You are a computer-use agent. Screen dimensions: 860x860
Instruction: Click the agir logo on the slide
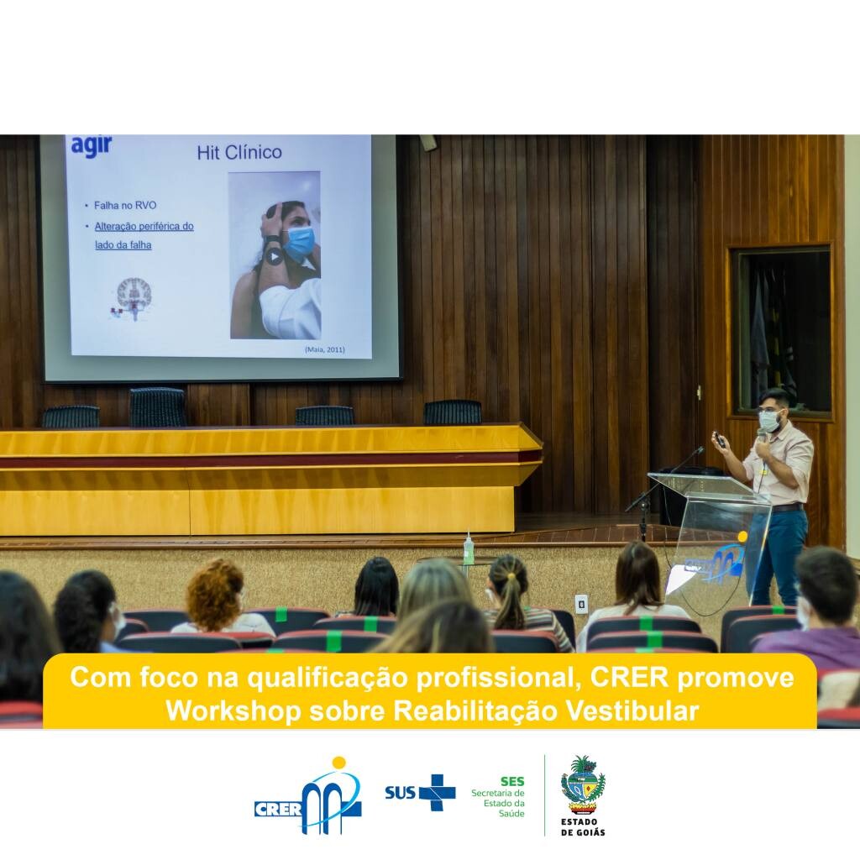92,146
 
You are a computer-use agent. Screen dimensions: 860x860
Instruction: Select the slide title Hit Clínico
239,152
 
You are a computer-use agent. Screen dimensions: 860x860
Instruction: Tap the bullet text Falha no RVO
125,205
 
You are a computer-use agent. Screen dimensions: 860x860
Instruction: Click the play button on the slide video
275,255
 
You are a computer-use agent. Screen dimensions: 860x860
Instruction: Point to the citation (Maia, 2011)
325,349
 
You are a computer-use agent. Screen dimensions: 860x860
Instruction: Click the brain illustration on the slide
134,296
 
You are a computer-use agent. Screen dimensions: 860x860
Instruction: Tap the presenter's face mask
769,421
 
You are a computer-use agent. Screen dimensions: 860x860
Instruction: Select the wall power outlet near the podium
581,604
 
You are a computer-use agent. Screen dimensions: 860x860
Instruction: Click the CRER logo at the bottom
307,796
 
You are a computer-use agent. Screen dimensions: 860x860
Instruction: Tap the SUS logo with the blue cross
420,792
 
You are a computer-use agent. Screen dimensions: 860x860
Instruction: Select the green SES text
512,781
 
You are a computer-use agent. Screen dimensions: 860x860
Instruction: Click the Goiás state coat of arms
583,785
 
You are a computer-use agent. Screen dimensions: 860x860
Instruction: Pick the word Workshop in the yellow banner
233,711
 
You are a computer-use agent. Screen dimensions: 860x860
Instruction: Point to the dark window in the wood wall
783,331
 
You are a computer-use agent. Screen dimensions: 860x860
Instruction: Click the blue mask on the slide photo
299,244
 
